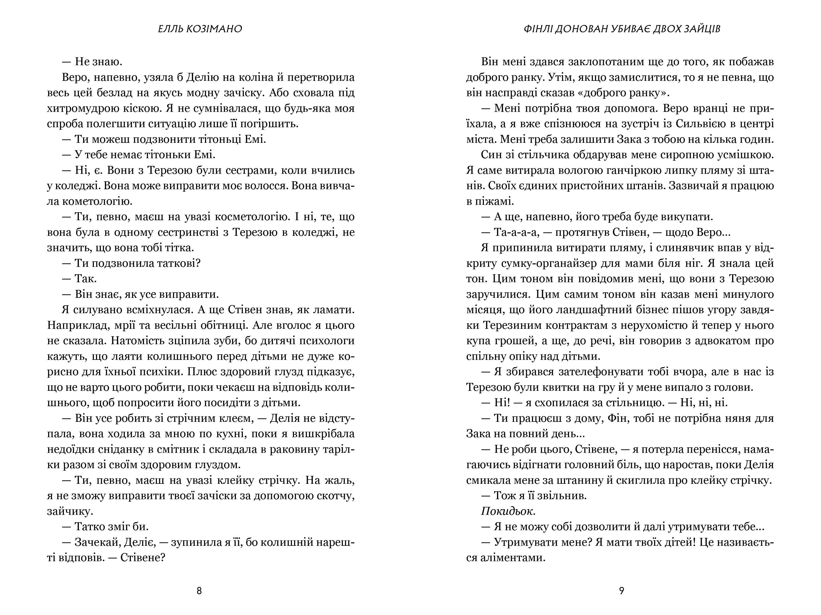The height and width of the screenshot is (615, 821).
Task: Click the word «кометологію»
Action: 90,201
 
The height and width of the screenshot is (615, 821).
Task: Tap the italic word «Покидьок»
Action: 508,511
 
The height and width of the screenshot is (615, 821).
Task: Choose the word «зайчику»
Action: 70,511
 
